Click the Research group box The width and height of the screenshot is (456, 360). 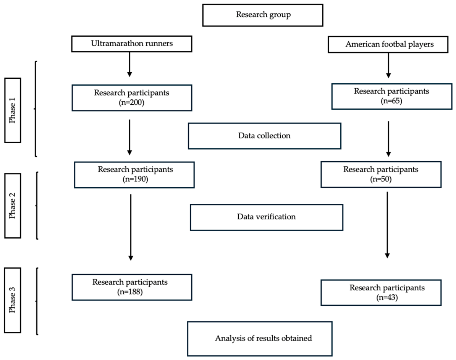(263, 15)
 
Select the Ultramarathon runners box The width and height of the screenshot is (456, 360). (132, 44)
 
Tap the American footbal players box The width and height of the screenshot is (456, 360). (388, 45)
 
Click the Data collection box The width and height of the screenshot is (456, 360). (264, 136)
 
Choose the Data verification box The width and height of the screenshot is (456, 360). (267, 217)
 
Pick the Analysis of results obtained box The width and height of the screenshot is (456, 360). (260, 339)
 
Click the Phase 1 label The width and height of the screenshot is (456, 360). (13, 110)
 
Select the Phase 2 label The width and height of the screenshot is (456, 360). (13, 206)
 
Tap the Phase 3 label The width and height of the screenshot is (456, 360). (13, 300)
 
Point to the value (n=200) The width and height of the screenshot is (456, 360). (131, 102)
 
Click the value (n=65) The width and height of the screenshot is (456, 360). (391, 101)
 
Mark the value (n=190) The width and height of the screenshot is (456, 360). (135, 179)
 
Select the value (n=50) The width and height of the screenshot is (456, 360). (381, 179)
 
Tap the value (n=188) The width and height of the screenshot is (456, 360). (130, 292)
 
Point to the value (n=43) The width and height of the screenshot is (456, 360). (387, 297)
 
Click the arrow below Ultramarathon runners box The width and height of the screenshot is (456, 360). (130, 65)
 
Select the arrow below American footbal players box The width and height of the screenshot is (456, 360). (388, 65)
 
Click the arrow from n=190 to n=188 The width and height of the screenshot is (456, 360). (131, 227)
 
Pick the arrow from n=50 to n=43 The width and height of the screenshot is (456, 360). (387, 225)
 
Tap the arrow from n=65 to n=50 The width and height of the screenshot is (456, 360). (388, 139)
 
